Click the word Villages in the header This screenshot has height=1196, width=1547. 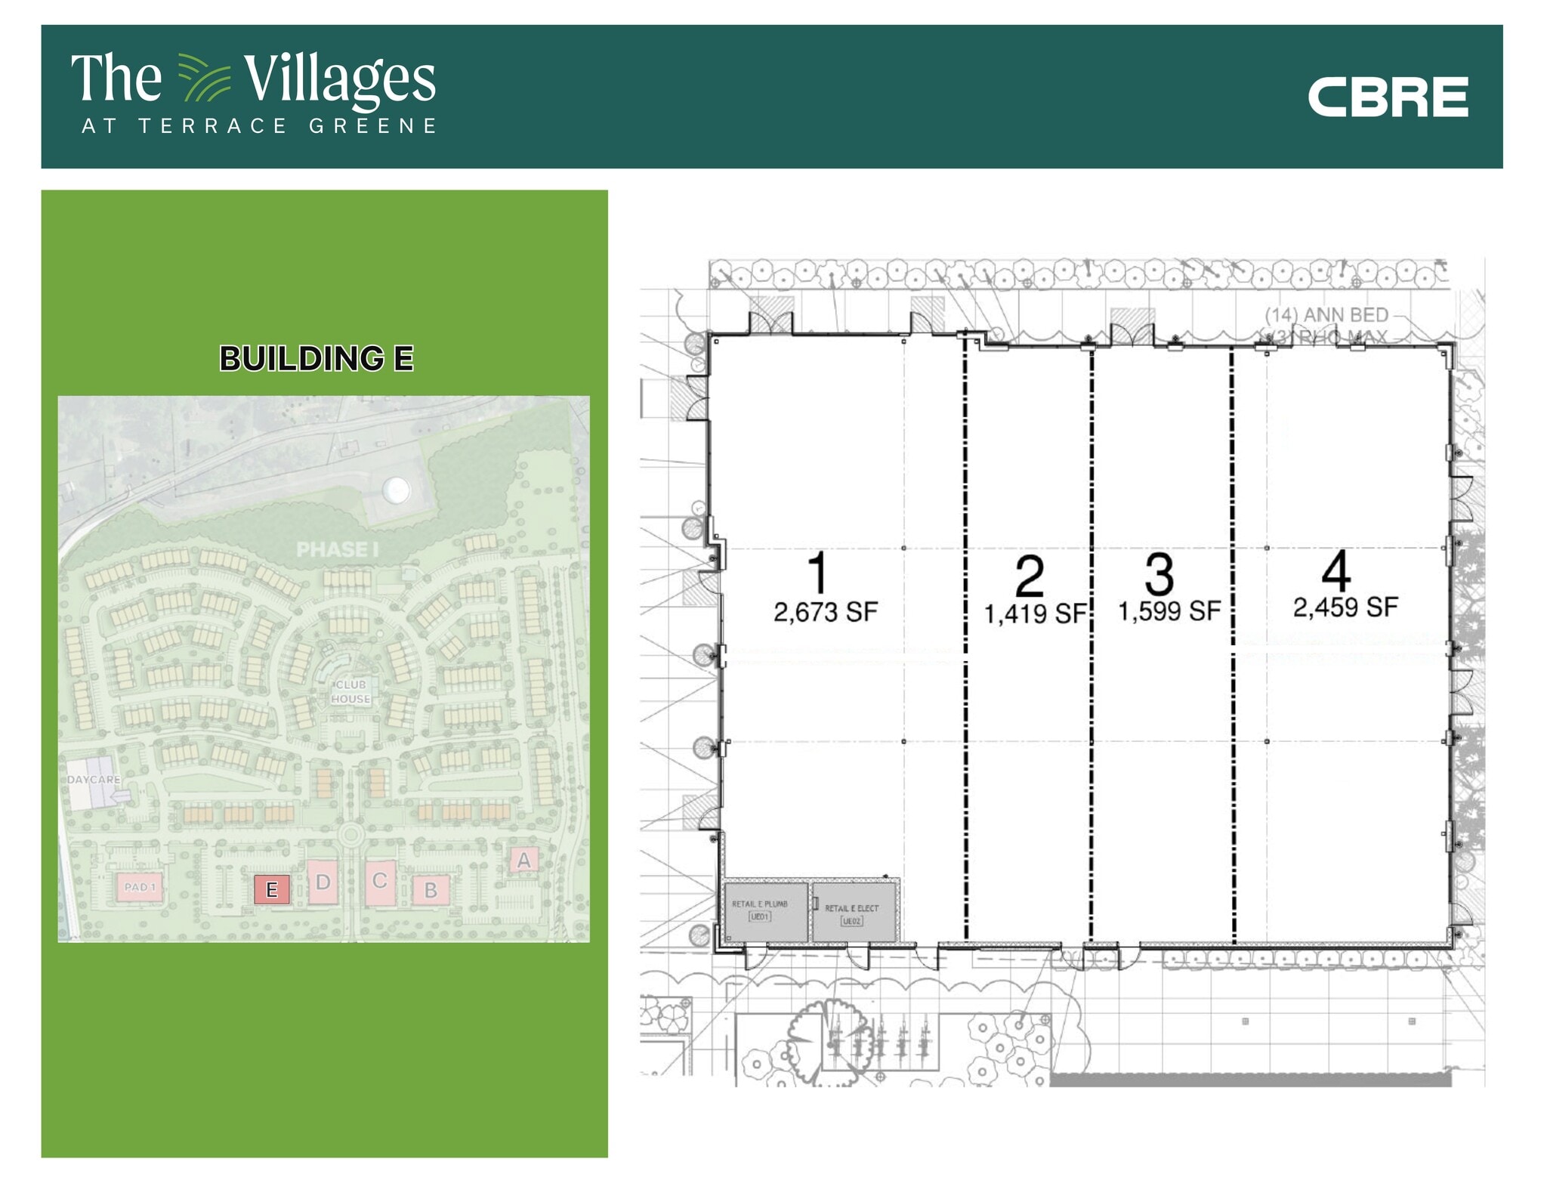click(x=339, y=79)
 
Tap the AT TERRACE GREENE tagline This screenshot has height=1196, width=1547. click(x=259, y=126)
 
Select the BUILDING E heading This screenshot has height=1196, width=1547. click(x=317, y=359)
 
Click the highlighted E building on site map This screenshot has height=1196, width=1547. click(x=272, y=889)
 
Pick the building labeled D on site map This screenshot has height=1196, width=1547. click(x=323, y=882)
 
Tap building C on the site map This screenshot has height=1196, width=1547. click(x=380, y=881)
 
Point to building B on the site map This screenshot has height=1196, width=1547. click(x=431, y=890)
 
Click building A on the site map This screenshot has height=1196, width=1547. click(x=523, y=860)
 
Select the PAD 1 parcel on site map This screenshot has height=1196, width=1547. click(x=140, y=887)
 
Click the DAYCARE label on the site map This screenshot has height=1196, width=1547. click(x=94, y=780)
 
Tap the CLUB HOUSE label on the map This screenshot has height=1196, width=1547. click(x=350, y=692)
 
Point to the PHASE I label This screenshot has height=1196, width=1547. click(x=337, y=550)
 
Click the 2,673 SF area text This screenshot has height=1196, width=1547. click(x=826, y=612)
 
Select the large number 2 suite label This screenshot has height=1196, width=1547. click(x=1029, y=576)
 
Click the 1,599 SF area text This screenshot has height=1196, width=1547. click(x=1169, y=611)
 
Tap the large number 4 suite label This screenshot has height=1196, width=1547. click(x=1335, y=572)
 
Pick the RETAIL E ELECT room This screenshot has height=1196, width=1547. click(x=853, y=914)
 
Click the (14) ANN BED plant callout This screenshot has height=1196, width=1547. click(x=1327, y=315)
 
